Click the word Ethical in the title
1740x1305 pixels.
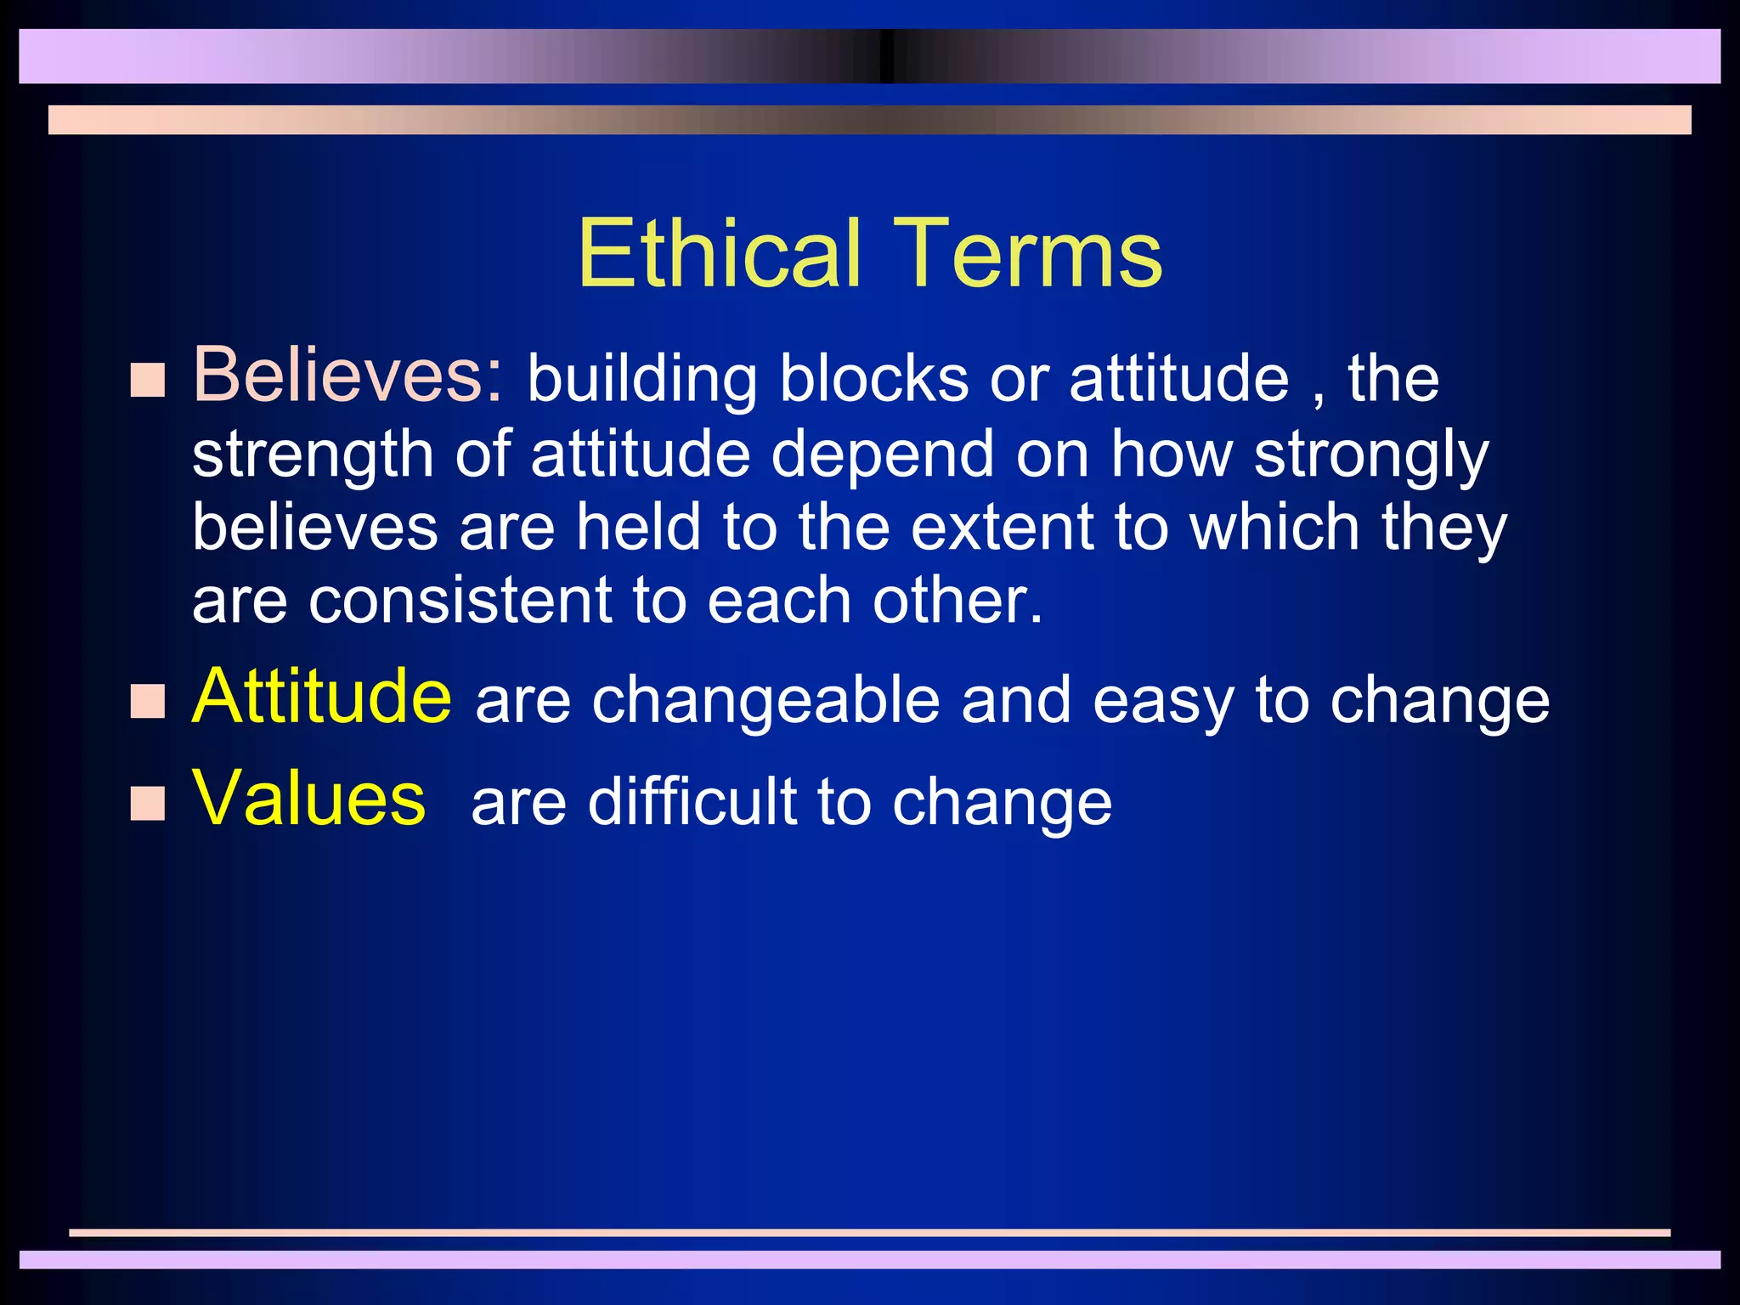(720, 253)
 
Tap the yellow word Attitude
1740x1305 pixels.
(322, 697)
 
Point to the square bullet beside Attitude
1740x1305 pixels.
(148, 702)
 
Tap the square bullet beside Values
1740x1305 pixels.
(148, 803)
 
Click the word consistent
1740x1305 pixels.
(460, 601)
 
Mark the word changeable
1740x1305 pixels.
(765, 701)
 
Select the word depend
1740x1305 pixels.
(882, 455)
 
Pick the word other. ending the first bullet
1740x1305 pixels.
(958, 601)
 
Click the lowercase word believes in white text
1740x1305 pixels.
(314, 528)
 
